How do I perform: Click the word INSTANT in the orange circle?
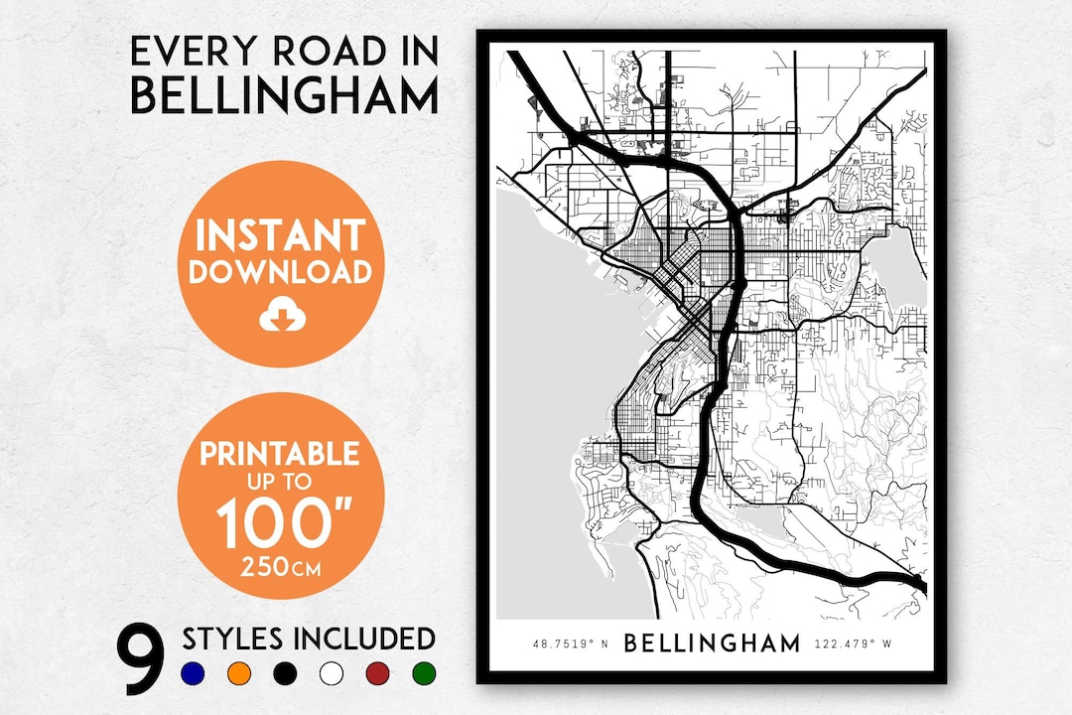(x=280, y=235)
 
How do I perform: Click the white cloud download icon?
(x=280, y=317)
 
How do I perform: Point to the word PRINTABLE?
(x=280, y=455)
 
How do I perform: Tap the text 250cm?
(x=280, y=571)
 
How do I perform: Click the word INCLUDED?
(x=366, y=639)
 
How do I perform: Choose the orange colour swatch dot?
(x=239, y=674)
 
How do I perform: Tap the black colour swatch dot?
(x=286, y=674)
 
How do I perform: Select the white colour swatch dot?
(x=332, y=674)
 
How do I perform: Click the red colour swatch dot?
(x=378, y=674)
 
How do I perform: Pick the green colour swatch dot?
(x=424, y=674)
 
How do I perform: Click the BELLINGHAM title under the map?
(x=712, y=643)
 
